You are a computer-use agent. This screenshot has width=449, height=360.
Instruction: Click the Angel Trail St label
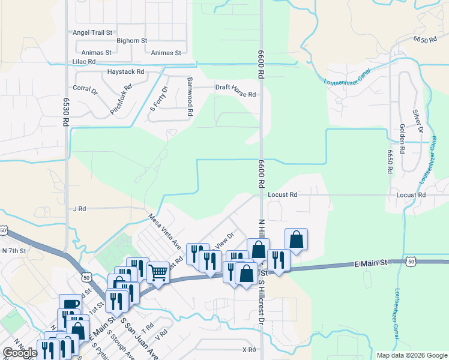click(92, 32)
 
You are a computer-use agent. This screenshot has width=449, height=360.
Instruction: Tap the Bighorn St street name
click(132, 40)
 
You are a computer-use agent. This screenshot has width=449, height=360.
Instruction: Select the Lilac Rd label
click(83, 62)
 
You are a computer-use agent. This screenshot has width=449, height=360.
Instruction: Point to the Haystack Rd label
click(126, 71)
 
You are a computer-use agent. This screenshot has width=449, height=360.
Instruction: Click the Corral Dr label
click(85, 89)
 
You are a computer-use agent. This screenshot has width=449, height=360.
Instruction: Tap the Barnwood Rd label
click(190, 96)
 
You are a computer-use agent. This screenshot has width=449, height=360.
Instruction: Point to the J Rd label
click(80, 209)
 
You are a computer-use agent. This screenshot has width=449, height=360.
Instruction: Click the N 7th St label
click(14, 250)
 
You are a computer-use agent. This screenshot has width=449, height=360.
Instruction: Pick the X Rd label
click(249, 349)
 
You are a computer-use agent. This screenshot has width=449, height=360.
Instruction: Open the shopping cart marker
click(158, 273)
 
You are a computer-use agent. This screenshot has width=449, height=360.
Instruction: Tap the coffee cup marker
click(70, 304)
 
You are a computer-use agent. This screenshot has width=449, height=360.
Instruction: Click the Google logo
click(20, 353)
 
